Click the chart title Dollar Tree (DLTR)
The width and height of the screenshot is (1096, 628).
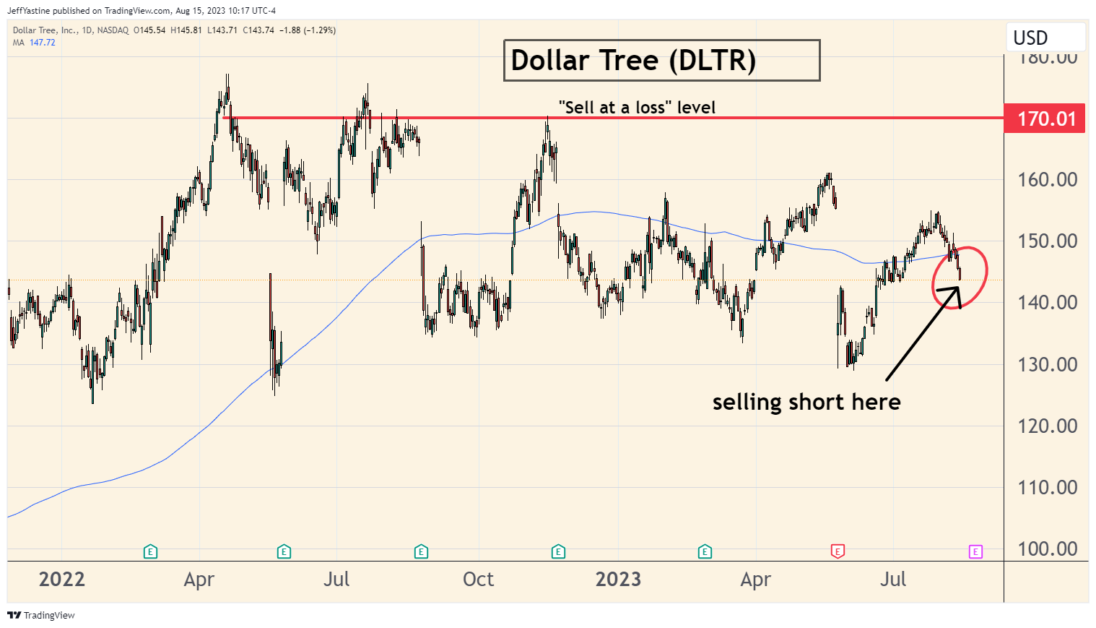(x=633, y=61)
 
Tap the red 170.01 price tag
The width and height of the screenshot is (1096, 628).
(x=1045, y=119)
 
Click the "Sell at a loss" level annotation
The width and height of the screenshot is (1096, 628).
(x=637, y=108)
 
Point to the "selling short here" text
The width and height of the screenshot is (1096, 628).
(x=806, y=402)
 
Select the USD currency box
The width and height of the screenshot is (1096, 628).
(x=1030, y=38)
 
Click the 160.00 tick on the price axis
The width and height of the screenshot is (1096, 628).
(x=1047, y=179)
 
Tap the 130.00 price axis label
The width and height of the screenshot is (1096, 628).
(x=1047, y=364)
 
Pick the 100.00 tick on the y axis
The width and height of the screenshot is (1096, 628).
(x=1047, y=549)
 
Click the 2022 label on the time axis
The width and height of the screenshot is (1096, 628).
(x=62, y=580)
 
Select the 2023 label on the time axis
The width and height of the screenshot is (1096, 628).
(x=618, y=580)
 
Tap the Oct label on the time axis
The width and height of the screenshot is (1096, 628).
(x=478, y=580)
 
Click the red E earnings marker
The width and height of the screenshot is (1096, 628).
(x=838, y=552)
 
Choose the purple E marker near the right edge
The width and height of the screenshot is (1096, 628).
(x=975, y=552)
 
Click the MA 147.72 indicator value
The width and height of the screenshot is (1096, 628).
(x=42, y=43)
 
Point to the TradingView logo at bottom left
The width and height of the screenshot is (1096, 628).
(x=41, y=616)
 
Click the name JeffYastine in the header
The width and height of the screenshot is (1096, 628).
(x=29, y=11)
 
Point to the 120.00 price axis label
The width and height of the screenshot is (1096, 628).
(x=1047, y=426)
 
